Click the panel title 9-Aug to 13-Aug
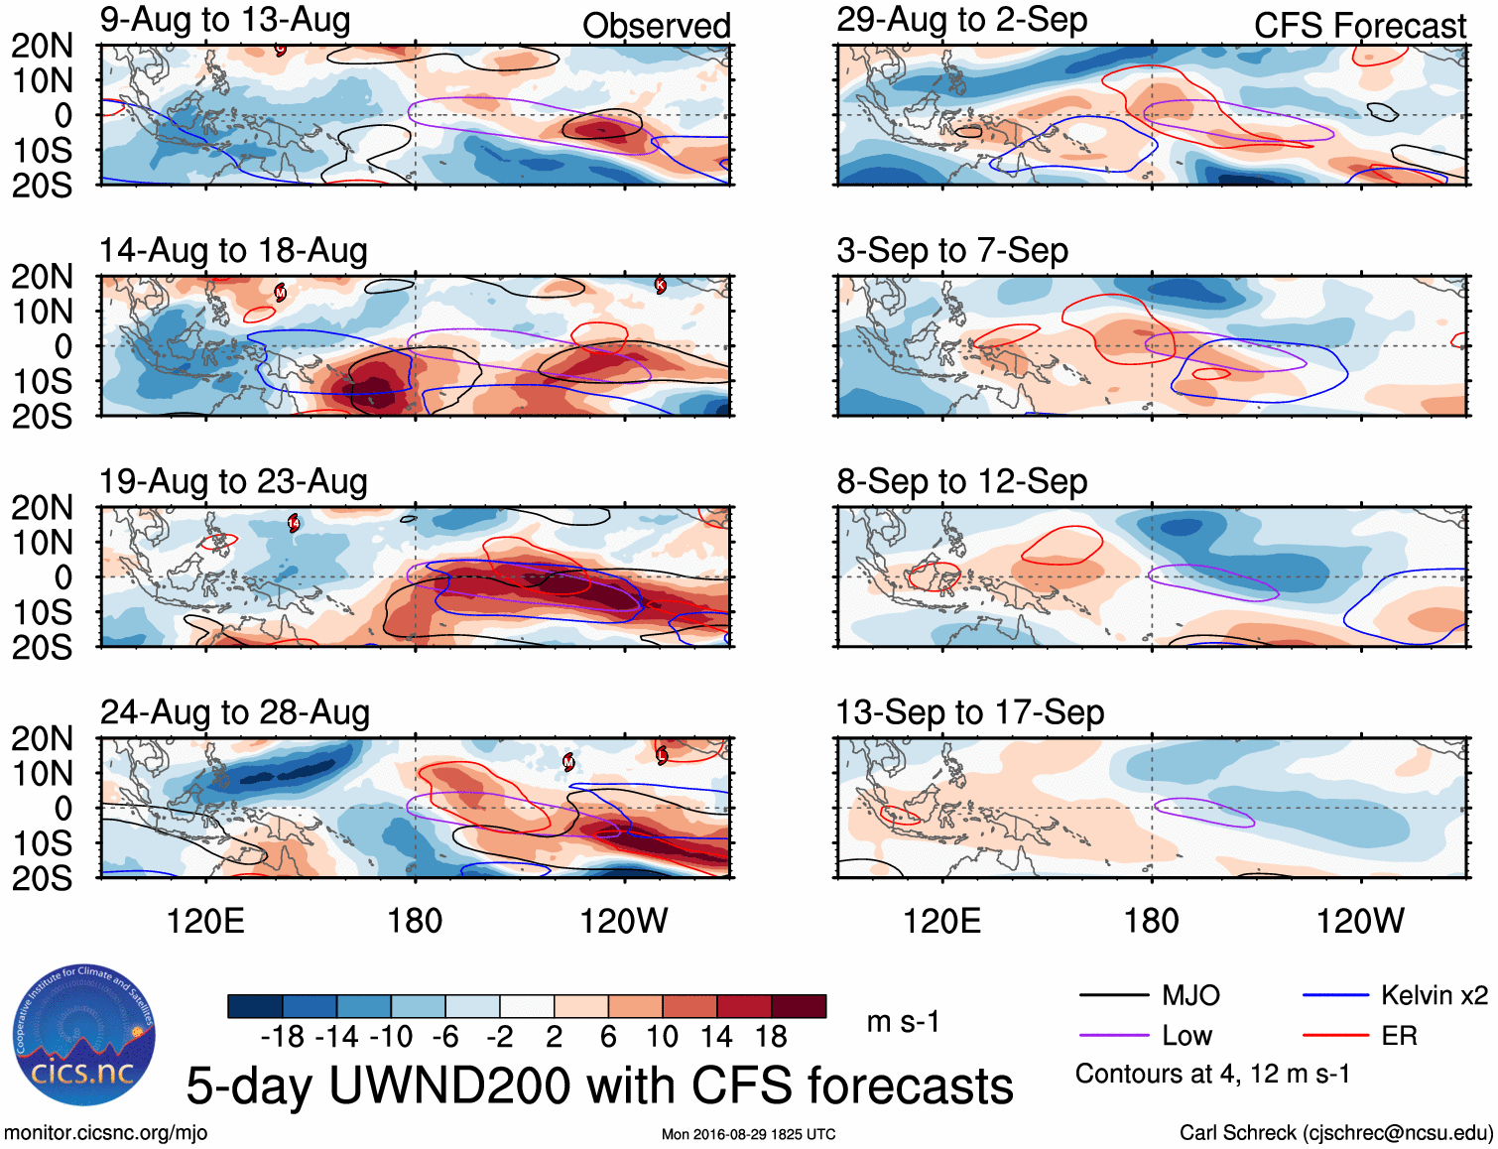[x=225, y=21]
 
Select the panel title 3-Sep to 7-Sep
[x=952, y=251]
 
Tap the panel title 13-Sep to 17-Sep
[x=969, y=713]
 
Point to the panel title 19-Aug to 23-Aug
[x=233, y=482]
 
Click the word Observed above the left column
[x=656, y=26]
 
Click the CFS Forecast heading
[x=1359, y=26]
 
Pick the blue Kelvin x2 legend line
[x=1335, y=995]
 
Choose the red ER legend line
[x=1335, y=1036]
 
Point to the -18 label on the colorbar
[x=282, y=1037]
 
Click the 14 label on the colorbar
[x=715, y=1037]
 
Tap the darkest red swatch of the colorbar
[x=799, y=1006]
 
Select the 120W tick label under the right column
[x=1359, y=921]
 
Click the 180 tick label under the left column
[x=415, y=921]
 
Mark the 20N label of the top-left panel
[x=42, y=46]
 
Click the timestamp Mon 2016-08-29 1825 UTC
[x=748, y=1134]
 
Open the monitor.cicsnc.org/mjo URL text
[x=105, y=1133]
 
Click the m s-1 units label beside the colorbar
[x=902, y=1022]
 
